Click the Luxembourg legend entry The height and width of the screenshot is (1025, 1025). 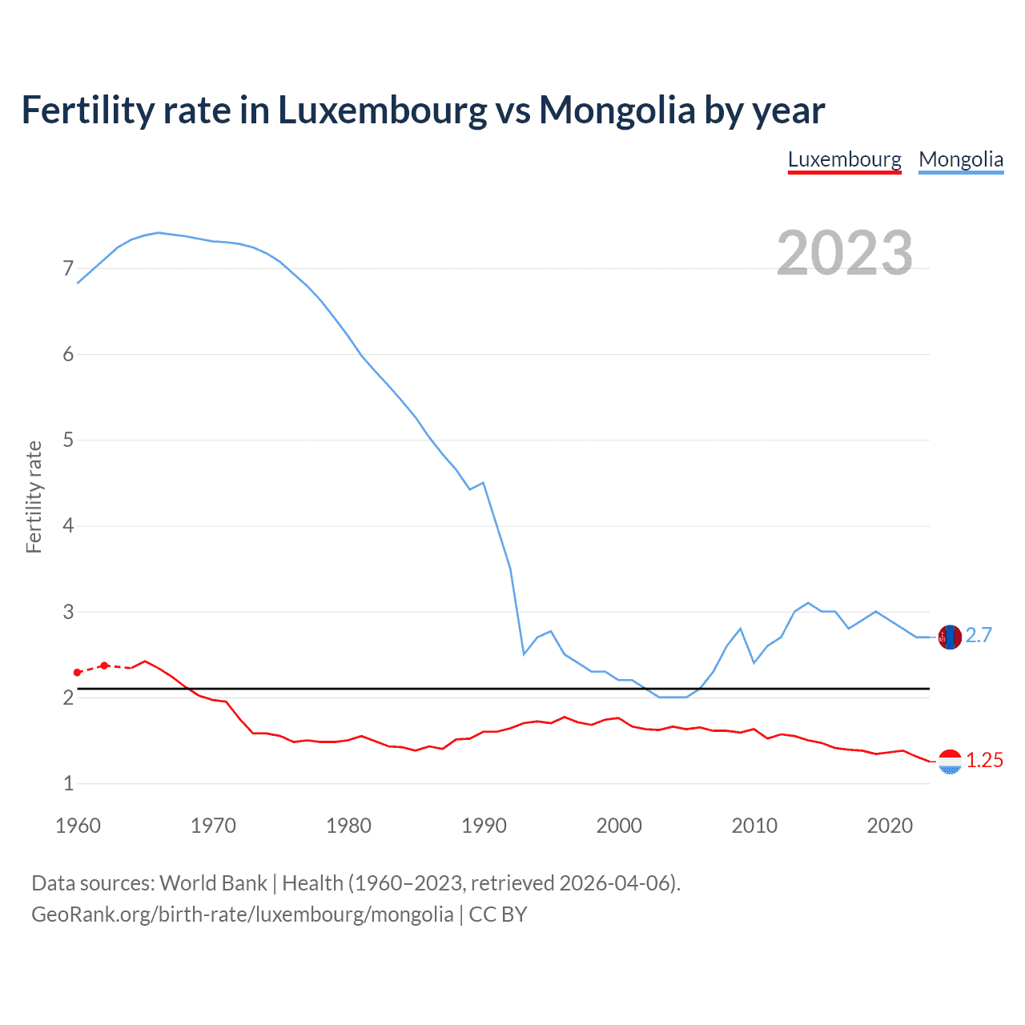click(844, 159)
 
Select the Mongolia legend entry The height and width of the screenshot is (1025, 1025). click(960, 159)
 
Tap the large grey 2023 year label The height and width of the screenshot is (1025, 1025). click(844, 253)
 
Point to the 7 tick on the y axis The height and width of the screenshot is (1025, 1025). click(68, 268)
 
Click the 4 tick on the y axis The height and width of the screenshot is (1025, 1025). click(68, 526)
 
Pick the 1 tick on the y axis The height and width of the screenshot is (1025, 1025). click(68, 784)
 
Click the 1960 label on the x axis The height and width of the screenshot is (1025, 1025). click(78, 826)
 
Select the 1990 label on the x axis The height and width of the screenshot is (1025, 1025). click(484, 826)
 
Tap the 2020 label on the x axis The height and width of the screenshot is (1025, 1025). click(890, 826)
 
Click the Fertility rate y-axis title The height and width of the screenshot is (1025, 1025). click(34, 496)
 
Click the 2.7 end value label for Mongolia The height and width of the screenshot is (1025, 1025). click(979, 636)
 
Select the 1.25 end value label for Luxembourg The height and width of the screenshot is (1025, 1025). click(984, 761)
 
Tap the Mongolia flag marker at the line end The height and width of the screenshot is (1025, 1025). click(950, 637)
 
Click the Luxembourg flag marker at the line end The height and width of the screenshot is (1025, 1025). click(950, 762)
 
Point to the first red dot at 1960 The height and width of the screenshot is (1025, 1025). click(78, 673)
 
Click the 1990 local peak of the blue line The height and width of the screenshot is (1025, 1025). click(484, 483)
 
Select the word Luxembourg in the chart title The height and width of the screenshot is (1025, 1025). click(382, 110)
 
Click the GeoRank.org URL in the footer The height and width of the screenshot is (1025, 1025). click(242, 914)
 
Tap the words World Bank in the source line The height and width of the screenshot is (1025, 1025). click(213, 883)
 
